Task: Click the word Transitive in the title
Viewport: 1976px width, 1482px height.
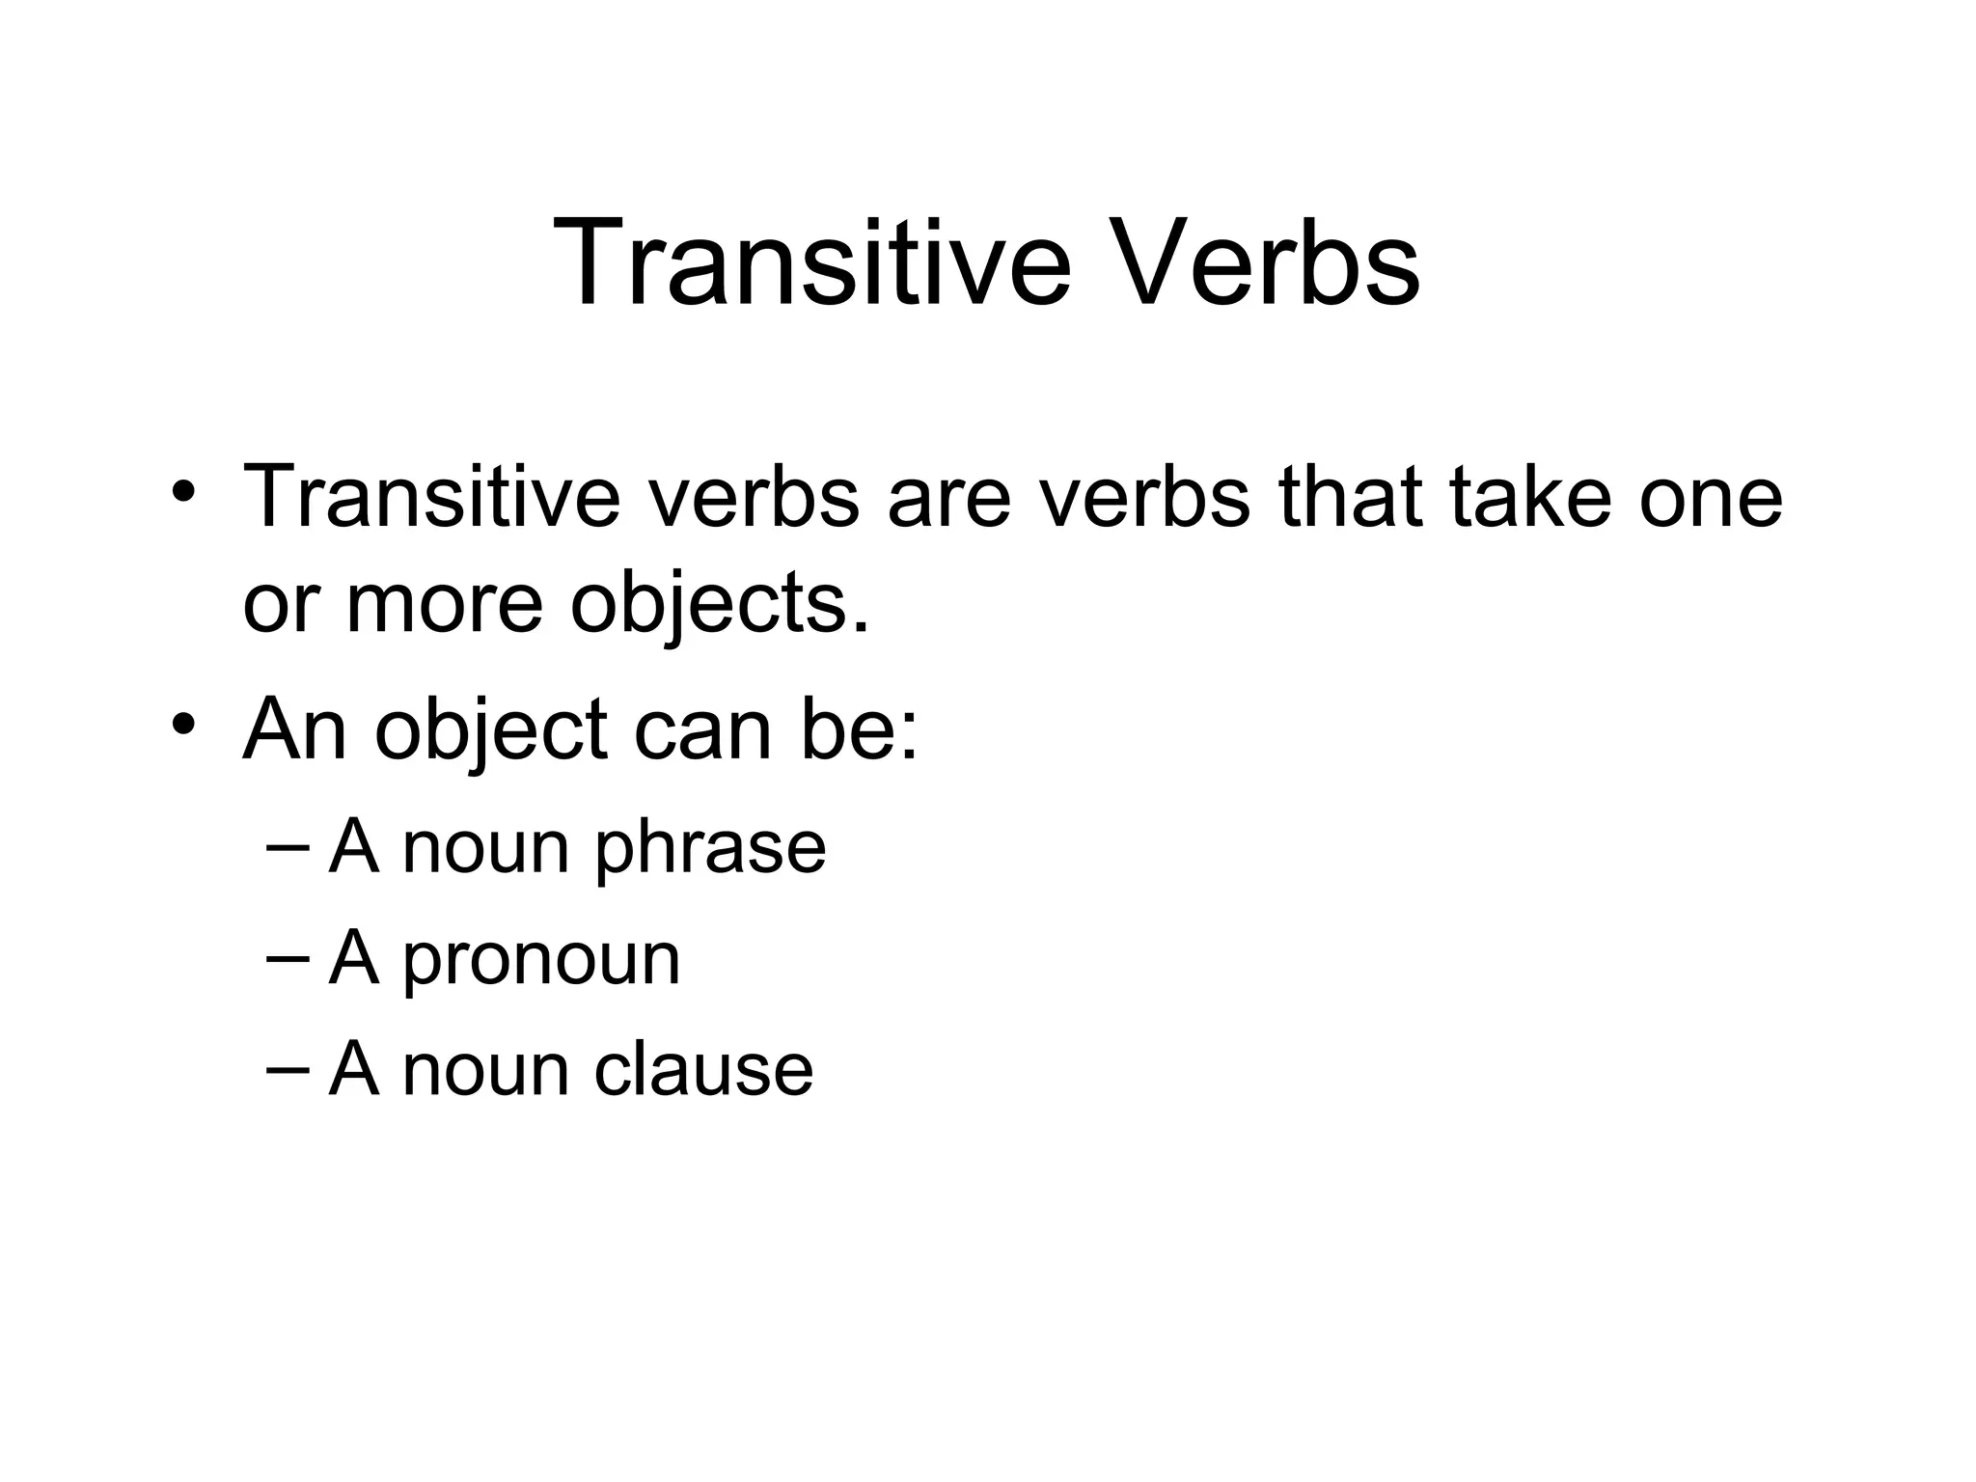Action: coord(811,263)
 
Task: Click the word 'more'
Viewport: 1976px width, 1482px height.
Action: coord(445,604)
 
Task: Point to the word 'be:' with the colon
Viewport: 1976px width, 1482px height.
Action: coord(859,729)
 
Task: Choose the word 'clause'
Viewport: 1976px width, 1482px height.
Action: coord(703,1069)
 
